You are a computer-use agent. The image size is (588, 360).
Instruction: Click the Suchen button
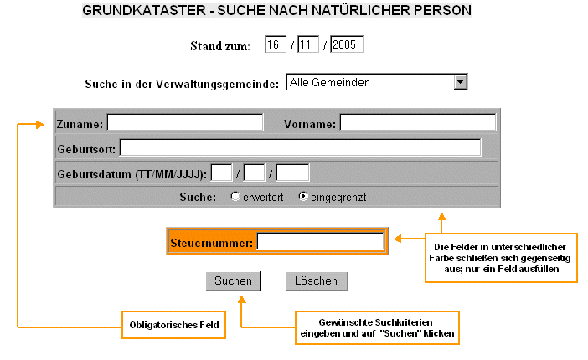[x=233, y=280]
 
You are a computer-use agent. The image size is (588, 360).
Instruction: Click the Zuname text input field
[x=184, y=122]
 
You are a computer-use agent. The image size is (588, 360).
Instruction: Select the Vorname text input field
[x=417, y=122]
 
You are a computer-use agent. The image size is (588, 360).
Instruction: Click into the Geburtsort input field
[x=300, y=147]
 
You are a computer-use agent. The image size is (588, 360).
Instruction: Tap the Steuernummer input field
[x=320, y=242]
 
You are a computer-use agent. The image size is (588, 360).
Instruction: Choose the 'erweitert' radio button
[x=235, y=197]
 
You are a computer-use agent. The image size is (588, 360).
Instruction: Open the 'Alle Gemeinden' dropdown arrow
[x=459, y=82]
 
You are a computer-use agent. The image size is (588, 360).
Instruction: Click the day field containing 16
[x=276, y=44]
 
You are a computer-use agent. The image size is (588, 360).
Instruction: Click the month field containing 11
[x=307, y=44]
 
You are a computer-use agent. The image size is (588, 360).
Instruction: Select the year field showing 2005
[x=346, y=44]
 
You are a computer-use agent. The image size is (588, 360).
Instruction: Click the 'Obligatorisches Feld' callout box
[x=174, y=324]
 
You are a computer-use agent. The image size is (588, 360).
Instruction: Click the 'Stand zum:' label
[x=220, y=45]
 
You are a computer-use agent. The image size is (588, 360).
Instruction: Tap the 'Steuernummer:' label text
[x=211, y=243]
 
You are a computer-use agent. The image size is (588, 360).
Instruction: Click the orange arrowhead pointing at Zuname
[x=39, y=124]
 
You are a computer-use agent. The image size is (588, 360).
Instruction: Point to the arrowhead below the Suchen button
[x=240, y=300]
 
